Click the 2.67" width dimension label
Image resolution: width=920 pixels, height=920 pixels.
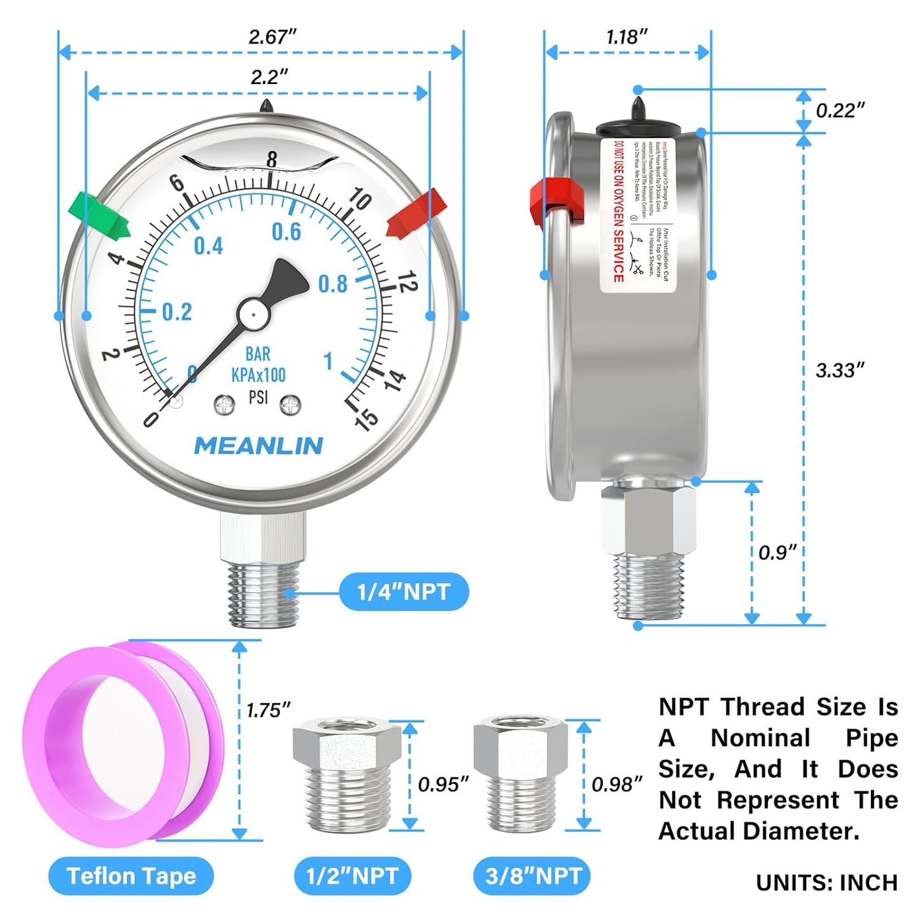click(x=272, y=37)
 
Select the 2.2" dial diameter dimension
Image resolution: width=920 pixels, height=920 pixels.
click(x=269, y=77)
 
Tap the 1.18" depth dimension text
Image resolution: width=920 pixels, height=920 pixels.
click(x=626, y=37)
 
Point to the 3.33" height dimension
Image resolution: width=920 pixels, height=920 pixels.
click(x=840, y=370)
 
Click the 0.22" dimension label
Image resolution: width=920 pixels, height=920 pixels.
click(x=840, y=111)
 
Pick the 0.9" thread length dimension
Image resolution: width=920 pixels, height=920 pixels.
click(x=777, y=552)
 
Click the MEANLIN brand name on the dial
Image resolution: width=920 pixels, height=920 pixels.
click(x=258, y=446)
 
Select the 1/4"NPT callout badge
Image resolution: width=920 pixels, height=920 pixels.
click(x=404, y=592)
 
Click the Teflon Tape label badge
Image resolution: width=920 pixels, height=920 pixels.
click(x=131, y=876)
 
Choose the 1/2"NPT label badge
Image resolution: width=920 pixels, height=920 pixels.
click(x=352, y=876)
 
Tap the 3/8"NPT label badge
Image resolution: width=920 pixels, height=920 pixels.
click(x=533, y=876)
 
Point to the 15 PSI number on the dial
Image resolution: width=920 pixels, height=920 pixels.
click(x=367, y=419)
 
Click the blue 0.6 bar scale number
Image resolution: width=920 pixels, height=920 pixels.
click(x=286, y=232)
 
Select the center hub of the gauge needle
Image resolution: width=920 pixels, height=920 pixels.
click(x=253, y=313)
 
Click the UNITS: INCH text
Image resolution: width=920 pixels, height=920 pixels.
click(x=826, y=882)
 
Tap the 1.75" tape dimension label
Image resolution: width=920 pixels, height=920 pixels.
click(x=268, y=710)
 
